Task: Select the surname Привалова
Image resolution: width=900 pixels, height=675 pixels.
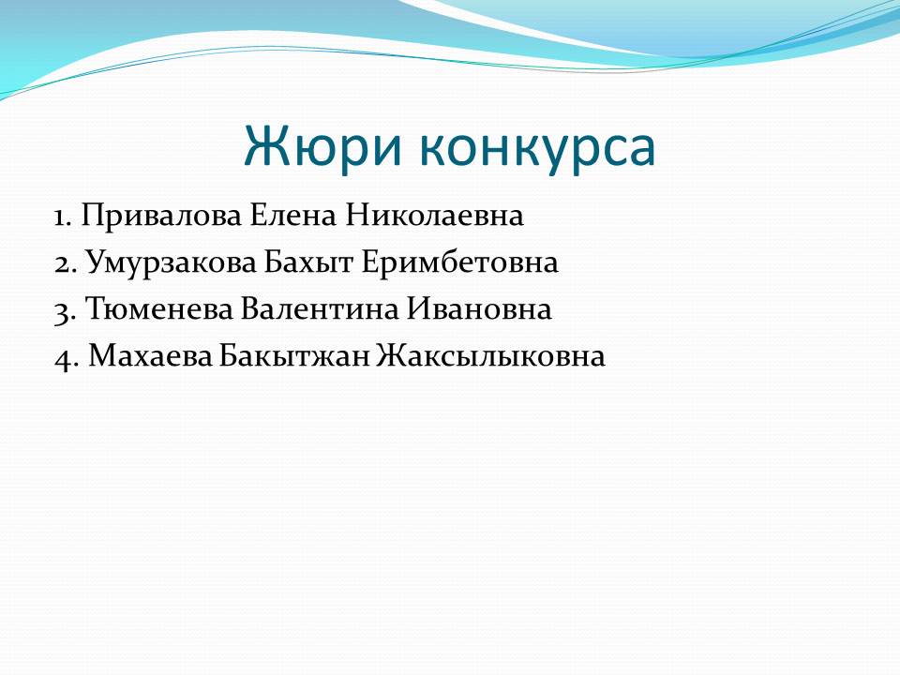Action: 161,217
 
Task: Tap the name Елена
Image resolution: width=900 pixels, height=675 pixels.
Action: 292,216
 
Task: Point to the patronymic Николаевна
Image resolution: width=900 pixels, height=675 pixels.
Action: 434,216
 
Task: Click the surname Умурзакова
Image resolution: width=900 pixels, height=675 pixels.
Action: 171,263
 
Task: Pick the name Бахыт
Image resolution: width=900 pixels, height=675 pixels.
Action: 308,262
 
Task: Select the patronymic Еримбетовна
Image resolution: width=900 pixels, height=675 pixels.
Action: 459,262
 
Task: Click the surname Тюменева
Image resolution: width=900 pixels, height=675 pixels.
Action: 159,309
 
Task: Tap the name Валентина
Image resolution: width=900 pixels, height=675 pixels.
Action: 319,309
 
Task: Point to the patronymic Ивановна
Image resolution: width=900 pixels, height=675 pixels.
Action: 479,309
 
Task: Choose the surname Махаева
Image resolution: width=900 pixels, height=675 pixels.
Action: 150,356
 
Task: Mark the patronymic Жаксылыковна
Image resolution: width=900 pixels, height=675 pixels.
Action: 491,356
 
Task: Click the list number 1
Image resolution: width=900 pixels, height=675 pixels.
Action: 62,217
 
